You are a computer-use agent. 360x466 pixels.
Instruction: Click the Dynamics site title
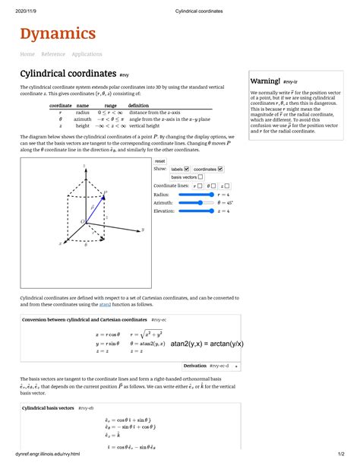point(58,33)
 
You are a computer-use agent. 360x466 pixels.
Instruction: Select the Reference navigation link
point(53,54)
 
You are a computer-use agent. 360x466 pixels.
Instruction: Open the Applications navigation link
point(87,54)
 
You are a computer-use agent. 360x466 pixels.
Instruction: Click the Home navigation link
point(27,54)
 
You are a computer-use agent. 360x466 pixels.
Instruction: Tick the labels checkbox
point(187,169)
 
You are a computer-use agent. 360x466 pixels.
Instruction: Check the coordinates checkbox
point(221,169)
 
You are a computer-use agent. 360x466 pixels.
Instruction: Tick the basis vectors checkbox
point(200,176)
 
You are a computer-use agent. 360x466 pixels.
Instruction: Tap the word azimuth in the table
point(83,119)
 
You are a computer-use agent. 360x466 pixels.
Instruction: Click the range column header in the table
point(111,105)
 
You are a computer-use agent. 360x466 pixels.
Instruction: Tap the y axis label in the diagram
point(143,227)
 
